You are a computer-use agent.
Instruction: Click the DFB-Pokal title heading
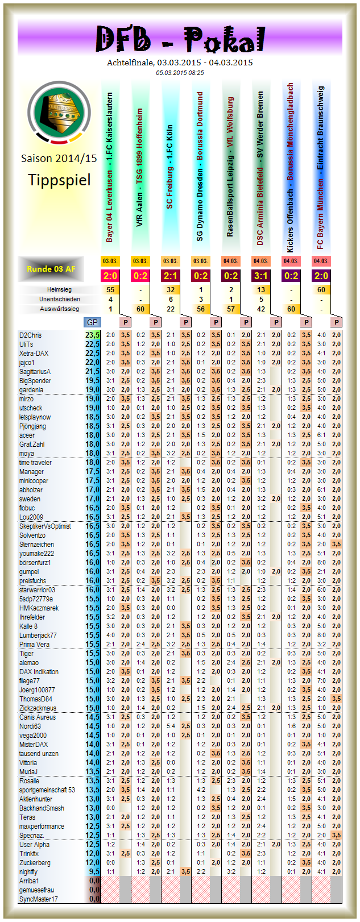(x=180, y=39)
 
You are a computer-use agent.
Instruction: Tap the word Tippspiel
(x=59, y=180)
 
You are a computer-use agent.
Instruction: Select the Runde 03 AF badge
(x=51, y=268)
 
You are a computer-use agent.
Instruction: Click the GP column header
(x=92, y=322)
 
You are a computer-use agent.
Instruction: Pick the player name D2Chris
(x=31, y=335)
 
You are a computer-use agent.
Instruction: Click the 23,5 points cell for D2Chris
(x=93, y=335)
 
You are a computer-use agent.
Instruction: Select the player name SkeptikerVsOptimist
(x=45, y=526)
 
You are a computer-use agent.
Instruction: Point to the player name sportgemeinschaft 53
(x=47, y=790)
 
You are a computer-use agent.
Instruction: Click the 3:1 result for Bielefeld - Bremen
(x=261, y=276)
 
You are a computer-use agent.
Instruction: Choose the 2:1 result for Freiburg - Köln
(x=170, y=276)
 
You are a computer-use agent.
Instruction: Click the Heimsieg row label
(x=59, y=290)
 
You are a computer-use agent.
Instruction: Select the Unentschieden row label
(x=59, y=300)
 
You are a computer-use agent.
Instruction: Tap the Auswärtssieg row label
(x=59, y=309)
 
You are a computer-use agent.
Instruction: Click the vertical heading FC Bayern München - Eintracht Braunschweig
(x=321, y=168)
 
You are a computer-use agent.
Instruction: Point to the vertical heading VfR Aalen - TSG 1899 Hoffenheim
(x=140, y=168)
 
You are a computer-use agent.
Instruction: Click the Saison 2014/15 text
(x=59, y=159)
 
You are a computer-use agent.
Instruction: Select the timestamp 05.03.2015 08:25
(x=180, y=73)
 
